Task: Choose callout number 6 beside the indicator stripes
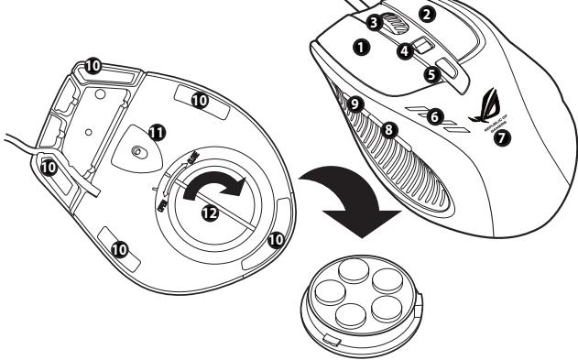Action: click(435, 116)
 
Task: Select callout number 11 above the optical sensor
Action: click(157, 133)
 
